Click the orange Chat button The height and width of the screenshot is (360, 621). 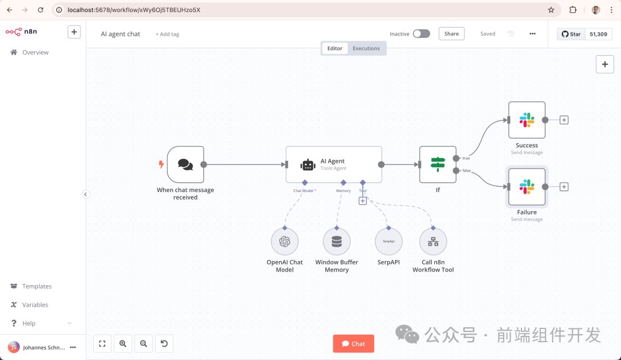click(x=353, y=343)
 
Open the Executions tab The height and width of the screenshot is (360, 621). click(x=366, y=48)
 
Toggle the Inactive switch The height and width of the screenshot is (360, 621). click(x=421, y=34)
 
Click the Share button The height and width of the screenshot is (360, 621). click(x=451, y=34)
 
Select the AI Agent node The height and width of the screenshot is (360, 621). click(x=333, y=164)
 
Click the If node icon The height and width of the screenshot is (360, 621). click(x=438, y=164)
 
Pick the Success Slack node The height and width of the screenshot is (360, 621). click(x=527, y=120)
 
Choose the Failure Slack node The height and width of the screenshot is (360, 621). click(x=527, y=186)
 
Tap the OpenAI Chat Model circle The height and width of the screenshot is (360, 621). click(x=285, y=242)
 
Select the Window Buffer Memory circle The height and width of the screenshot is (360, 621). click(x=336, y=242)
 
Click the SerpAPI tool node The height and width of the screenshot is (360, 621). click(x=388, y=242)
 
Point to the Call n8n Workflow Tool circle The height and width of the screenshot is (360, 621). click(x=433, y=242)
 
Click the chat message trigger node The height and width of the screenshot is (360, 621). click(x=185, y=164)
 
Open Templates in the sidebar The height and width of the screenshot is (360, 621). click(x=36, y=286)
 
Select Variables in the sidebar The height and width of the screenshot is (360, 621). click(x=34, y=305)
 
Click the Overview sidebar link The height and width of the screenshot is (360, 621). click(x=35, y=52)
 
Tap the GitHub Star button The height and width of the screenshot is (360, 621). click(x=571, y=34)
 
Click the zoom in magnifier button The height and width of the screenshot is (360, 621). click(x=122, y=343)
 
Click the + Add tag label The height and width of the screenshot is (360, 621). click(x=167, y=35)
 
